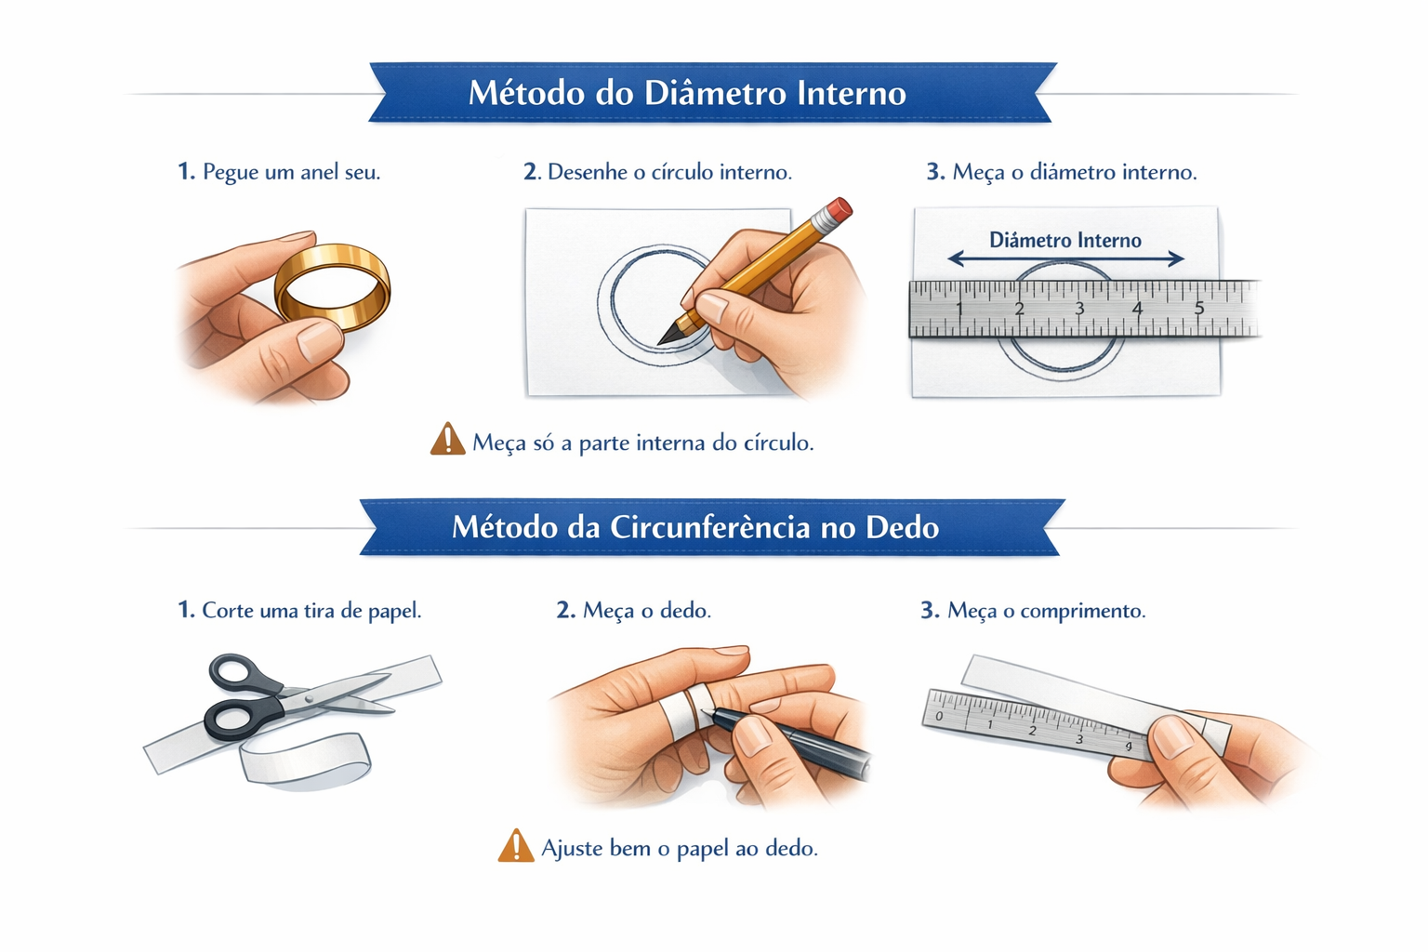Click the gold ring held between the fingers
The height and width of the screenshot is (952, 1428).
pyautogui.click(x=281, y=299)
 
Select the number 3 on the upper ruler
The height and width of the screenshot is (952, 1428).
pyautogui.click(x=1078, y=309)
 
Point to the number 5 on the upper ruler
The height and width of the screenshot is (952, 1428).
pyautogui.click(x=1199, y=308)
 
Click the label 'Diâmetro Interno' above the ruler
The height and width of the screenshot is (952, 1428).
pyautogui.click(x=1064, y=240)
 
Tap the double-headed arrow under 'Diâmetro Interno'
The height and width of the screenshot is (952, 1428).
pyautogui.click(x=1065, y=258)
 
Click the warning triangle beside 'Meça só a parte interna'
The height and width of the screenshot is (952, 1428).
pyautogui.click(x=447, y=439)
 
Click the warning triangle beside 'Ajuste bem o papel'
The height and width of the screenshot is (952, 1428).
pyautogui.click(x=516, y=845)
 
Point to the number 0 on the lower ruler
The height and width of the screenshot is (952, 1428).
pyautogui.click(x=939, y=716)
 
